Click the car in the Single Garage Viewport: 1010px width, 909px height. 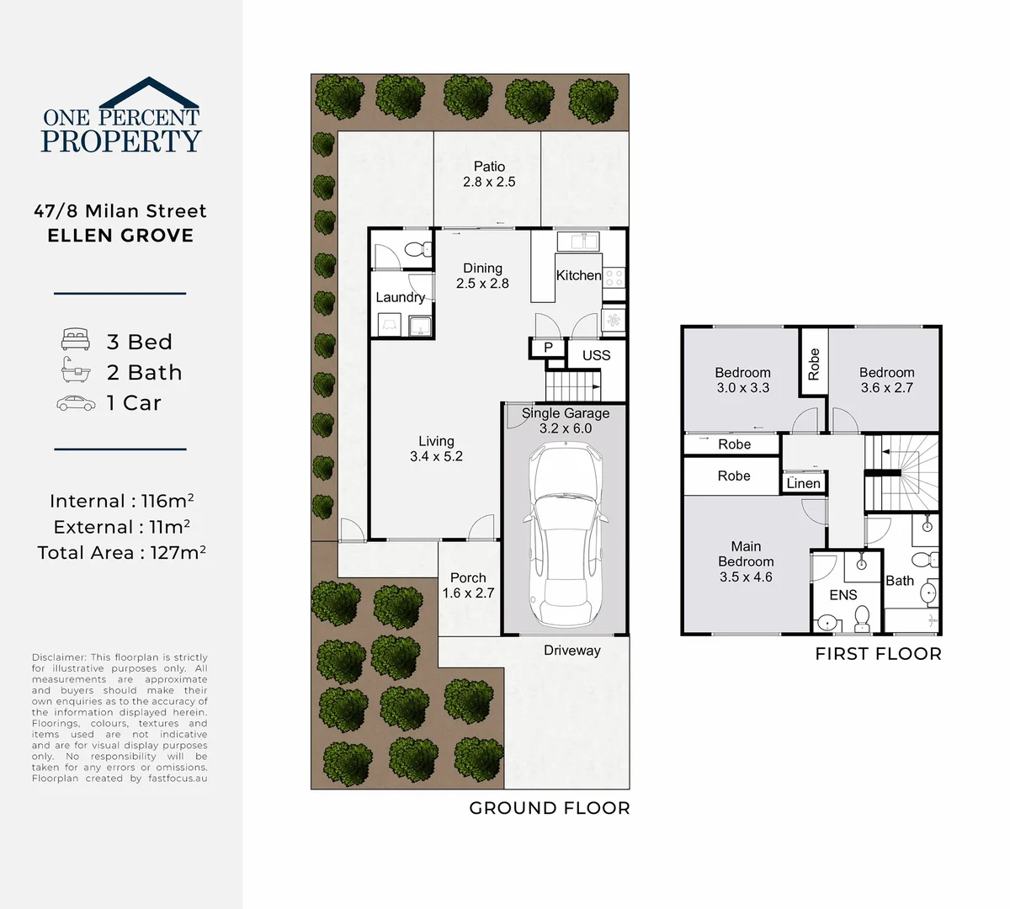click(565, 534)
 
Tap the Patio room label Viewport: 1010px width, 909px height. click(489, 167)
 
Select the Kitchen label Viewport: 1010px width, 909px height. click(579, 275)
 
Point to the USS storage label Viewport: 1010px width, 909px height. click(596, 355)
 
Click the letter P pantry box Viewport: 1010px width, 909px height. click(548, 348)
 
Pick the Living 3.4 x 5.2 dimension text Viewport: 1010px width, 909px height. click(436, 456)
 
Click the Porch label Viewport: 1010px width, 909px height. click(468, 577)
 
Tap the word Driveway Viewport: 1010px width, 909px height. click(572, 651)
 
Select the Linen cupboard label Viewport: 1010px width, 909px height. click(803, 483)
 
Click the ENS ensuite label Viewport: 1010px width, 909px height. click(843, 595)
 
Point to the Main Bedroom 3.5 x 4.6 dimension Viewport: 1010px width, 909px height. click(746, 577)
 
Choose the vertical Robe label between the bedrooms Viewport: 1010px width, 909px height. click(814, 364)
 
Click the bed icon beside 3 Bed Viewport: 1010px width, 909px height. click(76, 340)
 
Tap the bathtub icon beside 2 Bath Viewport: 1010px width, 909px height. click(76, 369)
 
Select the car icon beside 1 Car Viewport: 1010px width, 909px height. click(76, 403)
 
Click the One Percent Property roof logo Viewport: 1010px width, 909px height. click(149, 90)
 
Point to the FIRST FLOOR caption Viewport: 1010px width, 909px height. click(878, 654)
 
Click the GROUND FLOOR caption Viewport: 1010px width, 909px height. click(549, 808)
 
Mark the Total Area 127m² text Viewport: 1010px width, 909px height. click(122, 553)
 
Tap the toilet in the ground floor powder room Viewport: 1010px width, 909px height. click(415, 249)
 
